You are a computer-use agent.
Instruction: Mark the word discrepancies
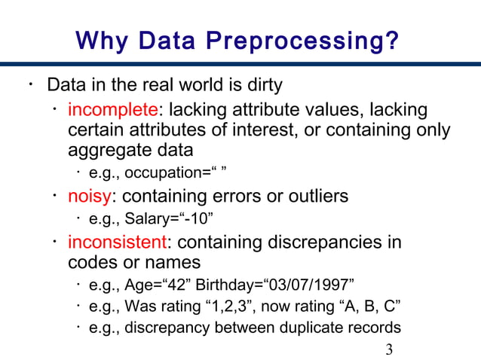click(315, 243)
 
